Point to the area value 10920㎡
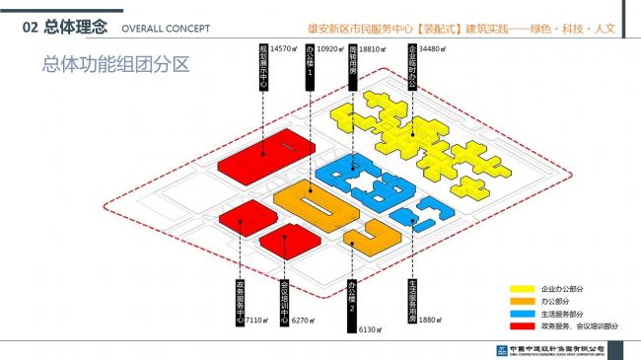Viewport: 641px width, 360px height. pyautogui.click(x=330, y=48)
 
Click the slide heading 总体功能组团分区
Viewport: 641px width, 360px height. pyautogui.click(x=115, y=65)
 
